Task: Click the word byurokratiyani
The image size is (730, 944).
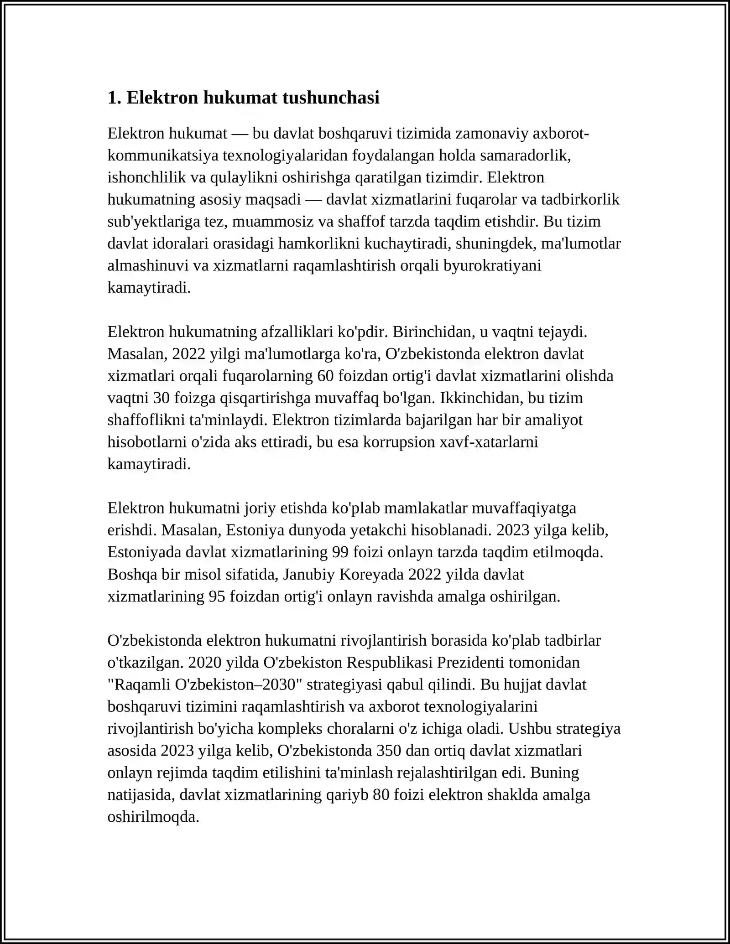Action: [x=492, y=265]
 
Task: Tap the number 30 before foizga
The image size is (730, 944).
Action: [x=162, y=398]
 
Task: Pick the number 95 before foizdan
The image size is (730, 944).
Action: [x=217, y=596]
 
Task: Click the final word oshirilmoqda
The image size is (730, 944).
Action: [x=153, y=817]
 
